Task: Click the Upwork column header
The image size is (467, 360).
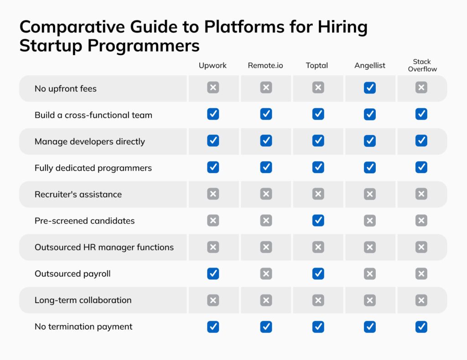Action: pyautogui.click(x=213, y=65)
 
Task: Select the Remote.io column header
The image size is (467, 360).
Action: pyautogui.click(x=265, y=65)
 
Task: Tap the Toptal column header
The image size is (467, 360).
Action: pyautogui.click(x=317, y=65)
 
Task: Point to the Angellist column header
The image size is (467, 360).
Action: pyautogui.click(x=370, y=65)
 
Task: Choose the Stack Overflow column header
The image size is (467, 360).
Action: pyautogui.click(x=422, y=65)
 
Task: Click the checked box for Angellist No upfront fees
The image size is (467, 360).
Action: pyautogui.click(x=370, y=88)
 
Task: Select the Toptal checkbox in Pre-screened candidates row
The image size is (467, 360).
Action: pyautogui.click(x=318, y=221)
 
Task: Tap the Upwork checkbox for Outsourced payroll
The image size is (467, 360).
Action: pyautogui.click(x=213, y=274)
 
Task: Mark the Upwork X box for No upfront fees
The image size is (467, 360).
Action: pyautogui.click(x=213, y=88)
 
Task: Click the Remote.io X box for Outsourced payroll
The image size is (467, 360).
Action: pyautogui.click(x=266, y=274)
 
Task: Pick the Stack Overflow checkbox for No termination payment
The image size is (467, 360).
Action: pyautogui.click(x=421, y=327)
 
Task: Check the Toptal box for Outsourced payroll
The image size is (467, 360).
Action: pyautogui.click(x=318, y=274)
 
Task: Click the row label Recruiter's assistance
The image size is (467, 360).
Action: pyautogui.click(x=78, y=194)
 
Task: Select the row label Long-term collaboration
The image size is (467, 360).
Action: pyautogui.click(x=83, y=300)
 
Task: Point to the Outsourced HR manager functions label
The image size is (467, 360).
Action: pyautogui.click(x=104, y=247)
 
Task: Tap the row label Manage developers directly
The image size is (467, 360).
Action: pyautogui.click(x=89, y=141)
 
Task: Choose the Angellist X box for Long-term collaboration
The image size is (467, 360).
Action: pyautogui.click(x=370, y=300)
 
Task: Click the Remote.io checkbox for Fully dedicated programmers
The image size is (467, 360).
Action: pyautogui.click(x=266, y=168)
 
